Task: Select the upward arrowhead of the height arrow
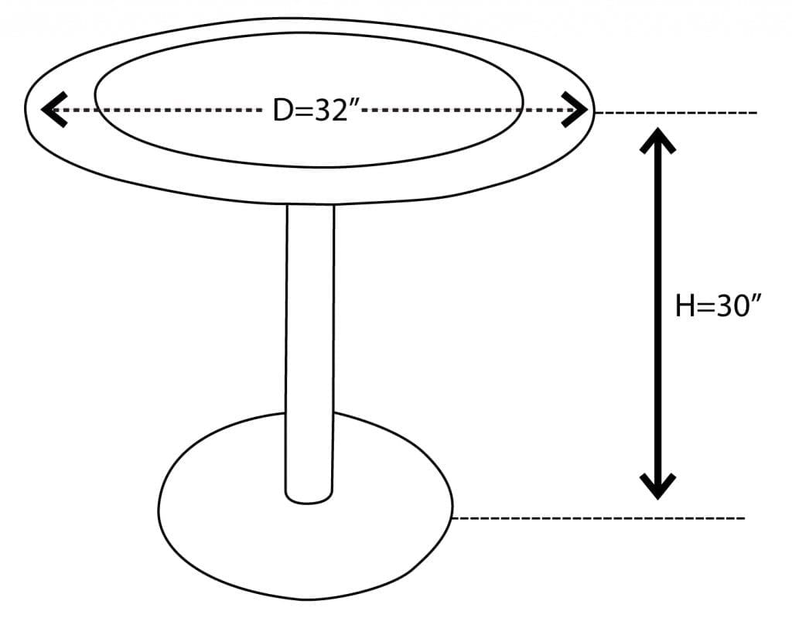pos(657,140)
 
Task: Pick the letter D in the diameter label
pos(282,111)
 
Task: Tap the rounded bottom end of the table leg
pos(309,497)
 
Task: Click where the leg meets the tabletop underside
pos(310,207)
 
